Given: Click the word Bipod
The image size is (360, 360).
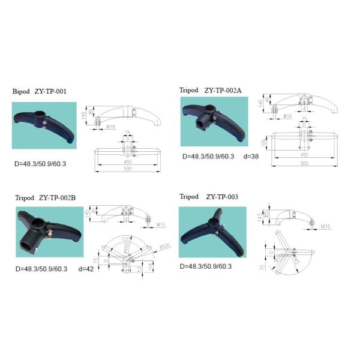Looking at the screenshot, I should coord(21,92).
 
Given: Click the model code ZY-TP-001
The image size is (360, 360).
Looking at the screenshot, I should coord(50,92).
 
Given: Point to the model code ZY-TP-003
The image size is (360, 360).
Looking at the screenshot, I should coord(222,196).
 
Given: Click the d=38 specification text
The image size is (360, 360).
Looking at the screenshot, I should coord(252,156).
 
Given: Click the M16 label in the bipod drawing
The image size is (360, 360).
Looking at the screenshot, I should coord(110,127).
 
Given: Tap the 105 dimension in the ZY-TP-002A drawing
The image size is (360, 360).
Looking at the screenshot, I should coord(262,143).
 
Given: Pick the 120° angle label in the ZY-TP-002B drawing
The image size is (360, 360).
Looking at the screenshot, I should coord(125,238).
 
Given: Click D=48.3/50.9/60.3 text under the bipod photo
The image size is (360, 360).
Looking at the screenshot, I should coord(41,163).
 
